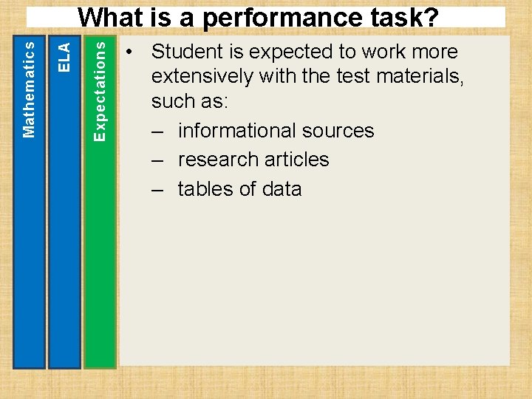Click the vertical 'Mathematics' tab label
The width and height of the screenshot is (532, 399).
coord(29,88)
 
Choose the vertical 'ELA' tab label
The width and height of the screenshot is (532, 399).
coord(64,57)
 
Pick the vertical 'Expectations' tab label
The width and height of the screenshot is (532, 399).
coord(100,89)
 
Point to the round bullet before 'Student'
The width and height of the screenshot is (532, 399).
coord(129,52)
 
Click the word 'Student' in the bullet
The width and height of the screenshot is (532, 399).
coord(188,52)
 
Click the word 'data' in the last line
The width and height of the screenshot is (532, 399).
coord(282,189)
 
